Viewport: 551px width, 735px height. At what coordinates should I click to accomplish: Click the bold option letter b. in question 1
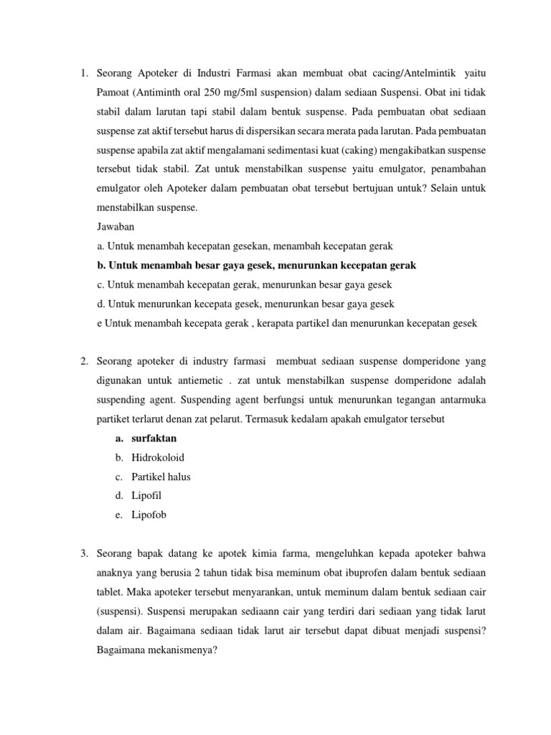pos(100,266)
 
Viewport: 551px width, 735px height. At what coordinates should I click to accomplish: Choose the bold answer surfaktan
pos(154,438)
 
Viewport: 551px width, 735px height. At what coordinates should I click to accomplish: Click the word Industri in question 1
pos(220,73)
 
